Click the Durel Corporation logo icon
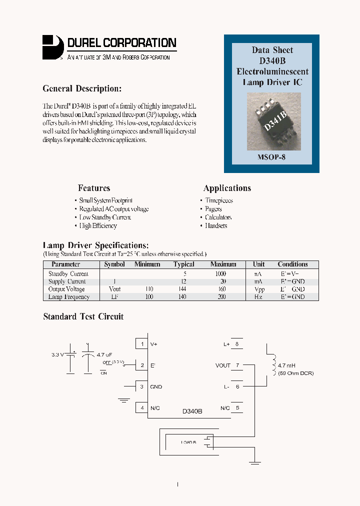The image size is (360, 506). point(52,47)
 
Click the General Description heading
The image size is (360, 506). point(82,89)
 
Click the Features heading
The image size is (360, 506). point(94,188)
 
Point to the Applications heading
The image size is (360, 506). point(227,188)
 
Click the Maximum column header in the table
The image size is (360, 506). point(223,264)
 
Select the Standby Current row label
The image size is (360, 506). point(68,274)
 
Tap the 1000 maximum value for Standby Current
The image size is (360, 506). point(220,274)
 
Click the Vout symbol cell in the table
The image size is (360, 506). point(114,289)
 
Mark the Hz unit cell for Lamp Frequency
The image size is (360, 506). point(258,297)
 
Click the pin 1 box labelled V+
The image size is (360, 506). point(142,344)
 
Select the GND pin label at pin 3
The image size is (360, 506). point(156,387)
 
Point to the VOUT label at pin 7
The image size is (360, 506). point(223,365)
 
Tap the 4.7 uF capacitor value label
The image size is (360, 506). point(105,354)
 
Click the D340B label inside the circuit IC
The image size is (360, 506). point(192,411)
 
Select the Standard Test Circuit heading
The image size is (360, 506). point(83,317)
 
